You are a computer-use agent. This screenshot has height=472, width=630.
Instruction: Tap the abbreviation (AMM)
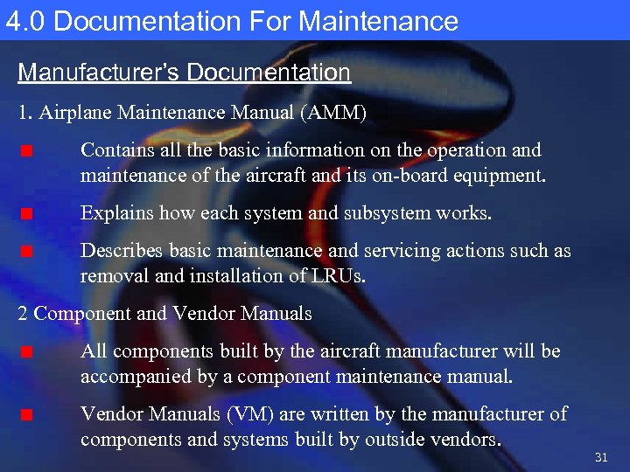(336, 113)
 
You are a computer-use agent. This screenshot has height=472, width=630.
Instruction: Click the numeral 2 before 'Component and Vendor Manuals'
(23, 314)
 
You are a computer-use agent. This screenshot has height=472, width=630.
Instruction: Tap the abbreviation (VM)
(232, 413)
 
